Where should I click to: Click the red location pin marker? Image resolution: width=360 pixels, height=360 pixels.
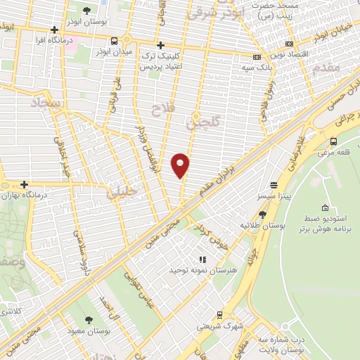click(x=181, y=165)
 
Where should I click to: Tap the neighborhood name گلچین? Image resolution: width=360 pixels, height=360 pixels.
click(x=203, y=122)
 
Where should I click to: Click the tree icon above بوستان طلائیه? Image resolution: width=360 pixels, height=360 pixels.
click(x=262, y=215)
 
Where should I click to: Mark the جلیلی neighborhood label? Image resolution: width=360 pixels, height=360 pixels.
click(x=112, y=194)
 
